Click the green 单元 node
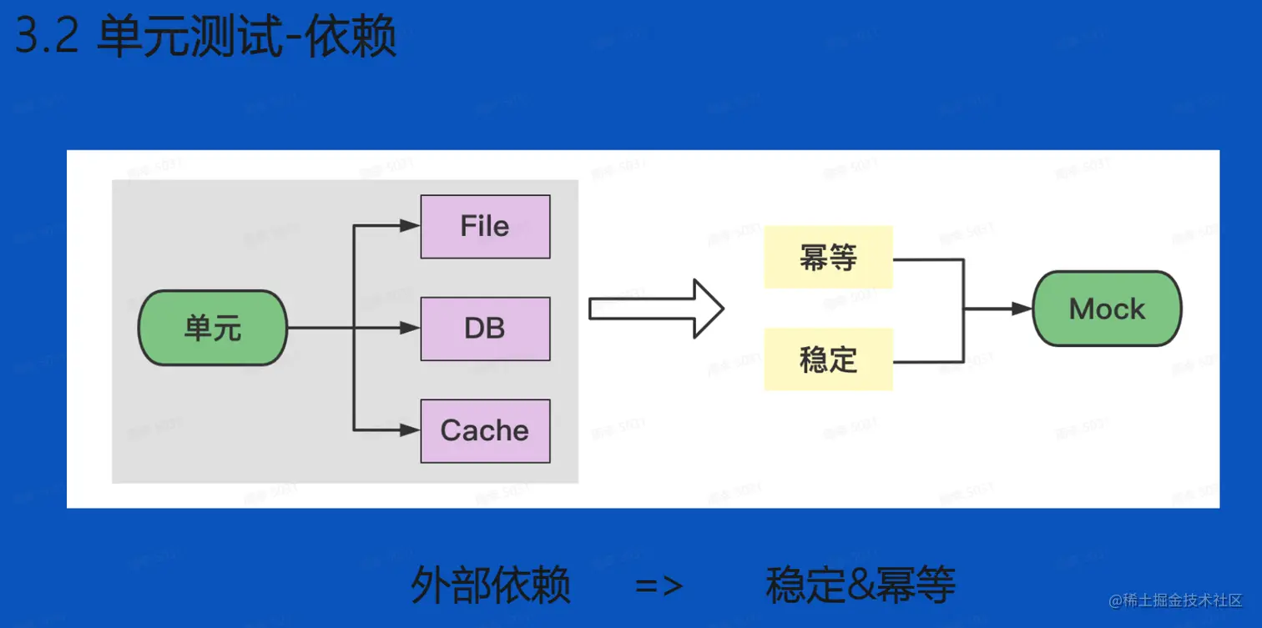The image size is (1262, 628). [212, 328]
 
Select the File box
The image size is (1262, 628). [485, 227]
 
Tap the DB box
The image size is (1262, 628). [485, 329]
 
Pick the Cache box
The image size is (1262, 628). [485, 431]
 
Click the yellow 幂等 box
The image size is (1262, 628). [828, 258]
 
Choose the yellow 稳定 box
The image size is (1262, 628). [828, 359]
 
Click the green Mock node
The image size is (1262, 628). [1107, 309]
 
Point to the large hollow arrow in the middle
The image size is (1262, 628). [655, 309]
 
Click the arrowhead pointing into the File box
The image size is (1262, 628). [410, 226]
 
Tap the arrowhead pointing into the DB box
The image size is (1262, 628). [410, 329]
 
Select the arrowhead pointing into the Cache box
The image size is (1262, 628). [410, 430]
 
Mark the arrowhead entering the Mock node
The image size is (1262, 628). [1022, 309]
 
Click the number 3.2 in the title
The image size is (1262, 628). [47, 38]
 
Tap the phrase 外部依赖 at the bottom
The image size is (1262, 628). [491, 585]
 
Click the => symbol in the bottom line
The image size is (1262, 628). [659, 585]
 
